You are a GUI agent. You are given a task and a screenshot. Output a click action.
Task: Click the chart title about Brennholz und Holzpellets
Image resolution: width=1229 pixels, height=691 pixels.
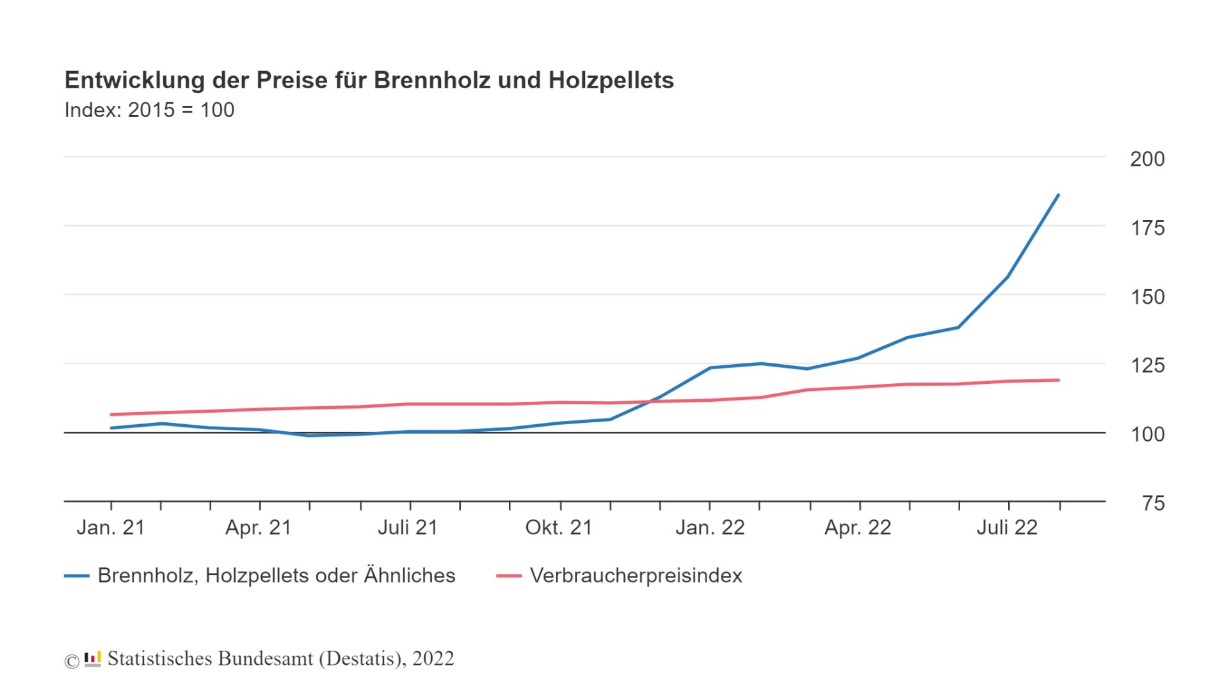click(369, 81)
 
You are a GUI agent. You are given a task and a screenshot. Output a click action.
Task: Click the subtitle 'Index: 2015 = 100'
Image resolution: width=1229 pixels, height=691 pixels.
click(149, 110)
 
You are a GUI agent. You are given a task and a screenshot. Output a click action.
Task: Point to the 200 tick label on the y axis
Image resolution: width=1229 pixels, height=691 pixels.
click(1147, 159)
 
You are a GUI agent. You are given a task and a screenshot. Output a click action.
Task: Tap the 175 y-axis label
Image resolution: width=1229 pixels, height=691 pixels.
click(1147, 228)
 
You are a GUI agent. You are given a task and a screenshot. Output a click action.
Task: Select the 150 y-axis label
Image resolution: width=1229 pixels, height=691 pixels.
click(1147, 298)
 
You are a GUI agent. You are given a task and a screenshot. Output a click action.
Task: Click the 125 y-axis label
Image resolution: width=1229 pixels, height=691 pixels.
click(1147, 366)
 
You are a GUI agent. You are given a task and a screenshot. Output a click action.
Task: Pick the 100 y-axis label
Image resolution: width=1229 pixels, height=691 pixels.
click(1147, 435)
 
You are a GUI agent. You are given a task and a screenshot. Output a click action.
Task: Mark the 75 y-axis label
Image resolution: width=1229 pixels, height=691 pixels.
click(1153, 504)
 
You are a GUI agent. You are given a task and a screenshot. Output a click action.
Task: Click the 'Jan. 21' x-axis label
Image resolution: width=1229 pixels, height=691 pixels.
click(111, 528)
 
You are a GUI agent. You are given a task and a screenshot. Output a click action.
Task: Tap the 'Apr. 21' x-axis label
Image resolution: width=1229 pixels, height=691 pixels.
click(259, 528)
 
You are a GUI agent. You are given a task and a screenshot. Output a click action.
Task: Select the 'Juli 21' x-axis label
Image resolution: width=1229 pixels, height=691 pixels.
click(408, 528)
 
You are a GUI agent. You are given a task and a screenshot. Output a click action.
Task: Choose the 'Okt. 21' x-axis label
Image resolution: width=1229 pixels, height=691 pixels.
click(559, 528)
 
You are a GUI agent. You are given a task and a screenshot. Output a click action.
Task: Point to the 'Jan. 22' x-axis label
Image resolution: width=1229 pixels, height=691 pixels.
click(710, 528)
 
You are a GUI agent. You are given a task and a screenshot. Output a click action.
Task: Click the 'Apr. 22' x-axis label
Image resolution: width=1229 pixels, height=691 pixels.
click(858, 528)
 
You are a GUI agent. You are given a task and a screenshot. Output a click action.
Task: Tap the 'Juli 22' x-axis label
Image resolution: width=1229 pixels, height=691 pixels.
click(1007, 528)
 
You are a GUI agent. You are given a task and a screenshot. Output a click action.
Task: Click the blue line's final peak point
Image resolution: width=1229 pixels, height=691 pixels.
click(1058, 195)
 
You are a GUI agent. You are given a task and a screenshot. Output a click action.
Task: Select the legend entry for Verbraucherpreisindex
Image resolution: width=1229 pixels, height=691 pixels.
click(635, 576)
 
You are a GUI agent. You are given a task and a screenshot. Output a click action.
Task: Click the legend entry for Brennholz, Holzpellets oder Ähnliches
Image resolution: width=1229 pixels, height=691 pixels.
click(276, 576)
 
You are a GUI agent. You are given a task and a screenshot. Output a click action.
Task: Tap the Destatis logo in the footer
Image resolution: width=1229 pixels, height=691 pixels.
click(93, 659)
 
